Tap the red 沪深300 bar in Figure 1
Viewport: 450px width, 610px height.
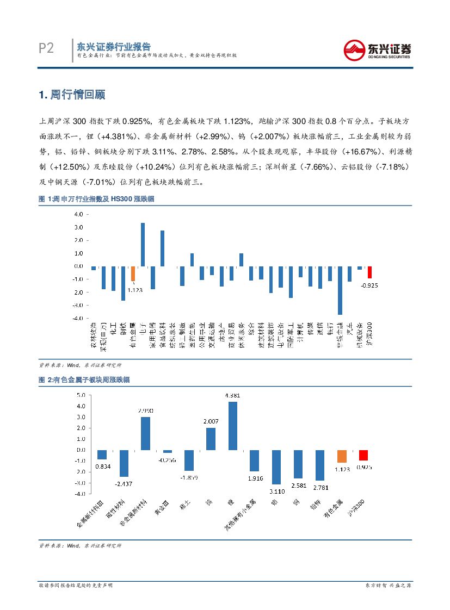click(369, 272)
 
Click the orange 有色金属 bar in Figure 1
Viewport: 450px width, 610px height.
click(133, 273)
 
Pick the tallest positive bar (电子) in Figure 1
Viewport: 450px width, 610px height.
click(143, 245)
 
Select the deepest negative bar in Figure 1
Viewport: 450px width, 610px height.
click(340, 290)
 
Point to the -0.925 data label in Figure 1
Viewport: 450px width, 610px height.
click(369, 285)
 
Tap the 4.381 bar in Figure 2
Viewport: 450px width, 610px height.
click(232, 426)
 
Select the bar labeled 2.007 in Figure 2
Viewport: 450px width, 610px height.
click(211, 439)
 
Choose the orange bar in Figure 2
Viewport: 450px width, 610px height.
click(342, 456)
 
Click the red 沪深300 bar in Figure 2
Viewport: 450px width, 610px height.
click(363, 455)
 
